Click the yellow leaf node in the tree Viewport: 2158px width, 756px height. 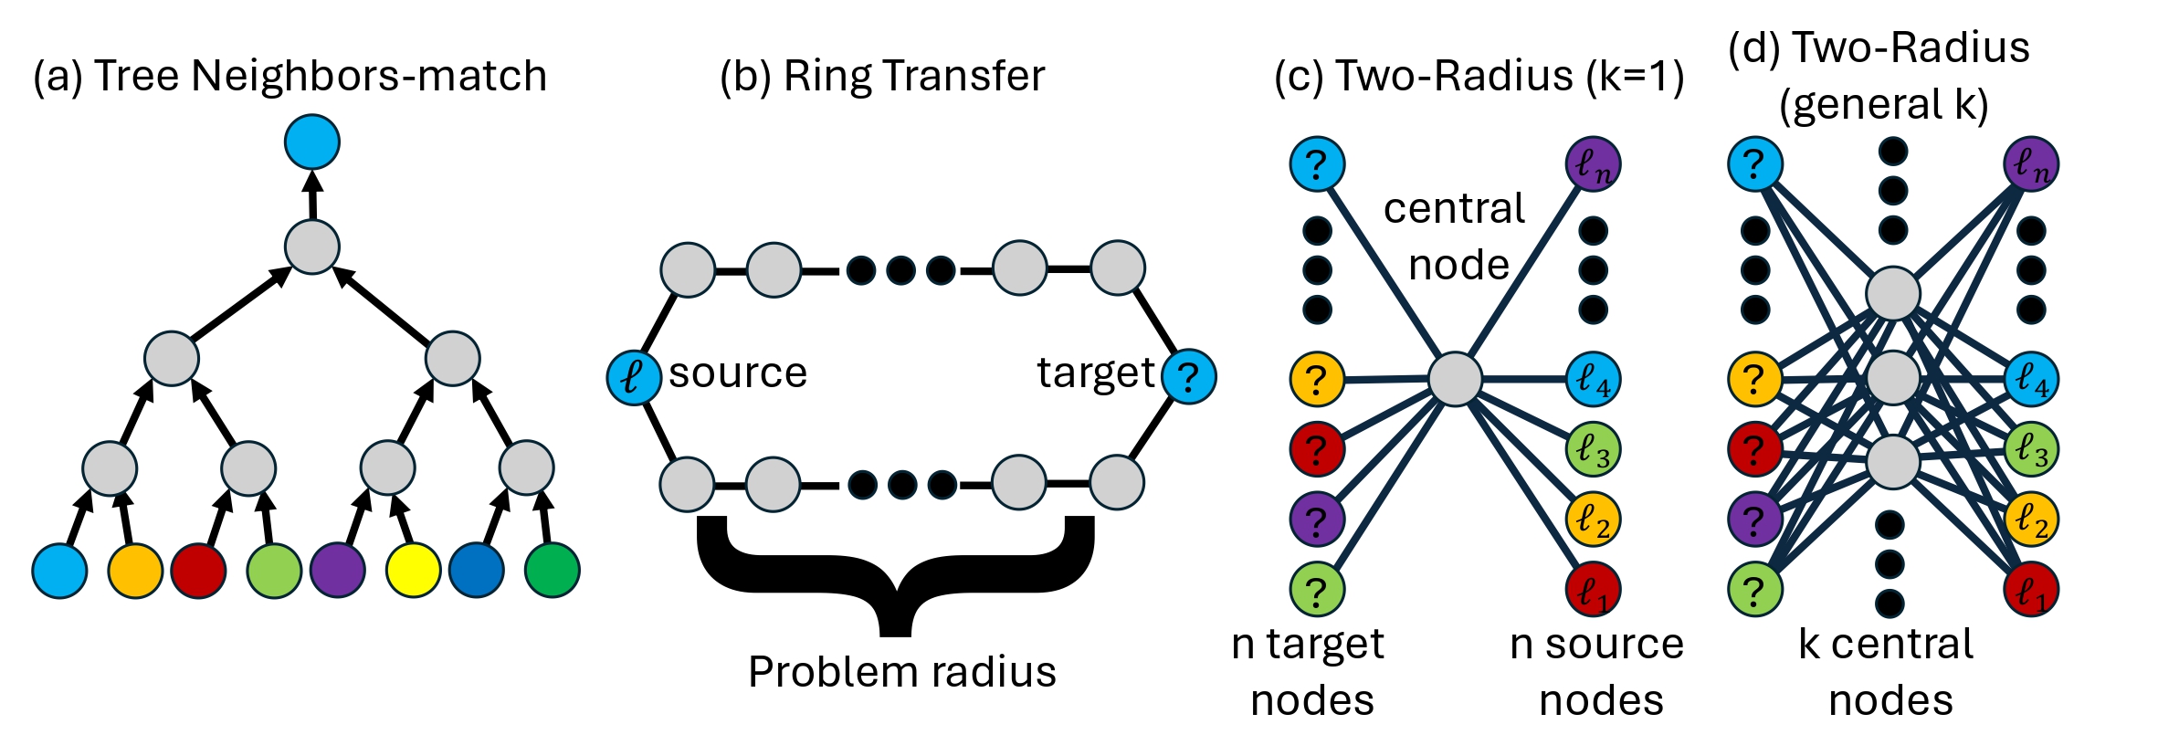coord(414,570)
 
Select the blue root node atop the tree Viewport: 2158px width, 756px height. coord(312,142)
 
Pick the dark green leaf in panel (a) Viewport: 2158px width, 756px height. coord(552,570)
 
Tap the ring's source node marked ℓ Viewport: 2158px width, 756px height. coord(634,377)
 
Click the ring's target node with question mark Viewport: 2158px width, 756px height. coord(1188,376)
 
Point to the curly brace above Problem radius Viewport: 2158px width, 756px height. coord(895,575)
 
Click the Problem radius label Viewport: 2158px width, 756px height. coord(901,672)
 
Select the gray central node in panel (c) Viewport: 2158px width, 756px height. coord(1455,379)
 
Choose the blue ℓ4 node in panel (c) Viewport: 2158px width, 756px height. coord(1594,378)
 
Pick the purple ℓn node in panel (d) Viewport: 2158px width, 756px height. coord(2031,164)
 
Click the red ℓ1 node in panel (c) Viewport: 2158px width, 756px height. coord(1594,591)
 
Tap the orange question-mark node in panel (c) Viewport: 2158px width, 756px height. coord(1316,378)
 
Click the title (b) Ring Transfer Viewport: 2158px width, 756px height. coord(882,76)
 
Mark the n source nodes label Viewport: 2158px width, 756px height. coord(1597,672)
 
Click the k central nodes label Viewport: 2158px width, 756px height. coord(1888,672)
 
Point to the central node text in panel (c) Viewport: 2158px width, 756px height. coord(1456,236)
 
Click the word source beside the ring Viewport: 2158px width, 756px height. coord(738,373)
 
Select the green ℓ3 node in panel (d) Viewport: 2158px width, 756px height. coord(2031,448)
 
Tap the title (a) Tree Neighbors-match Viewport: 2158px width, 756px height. coord(290,76)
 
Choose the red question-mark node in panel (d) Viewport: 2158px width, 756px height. coord(1754,448)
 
